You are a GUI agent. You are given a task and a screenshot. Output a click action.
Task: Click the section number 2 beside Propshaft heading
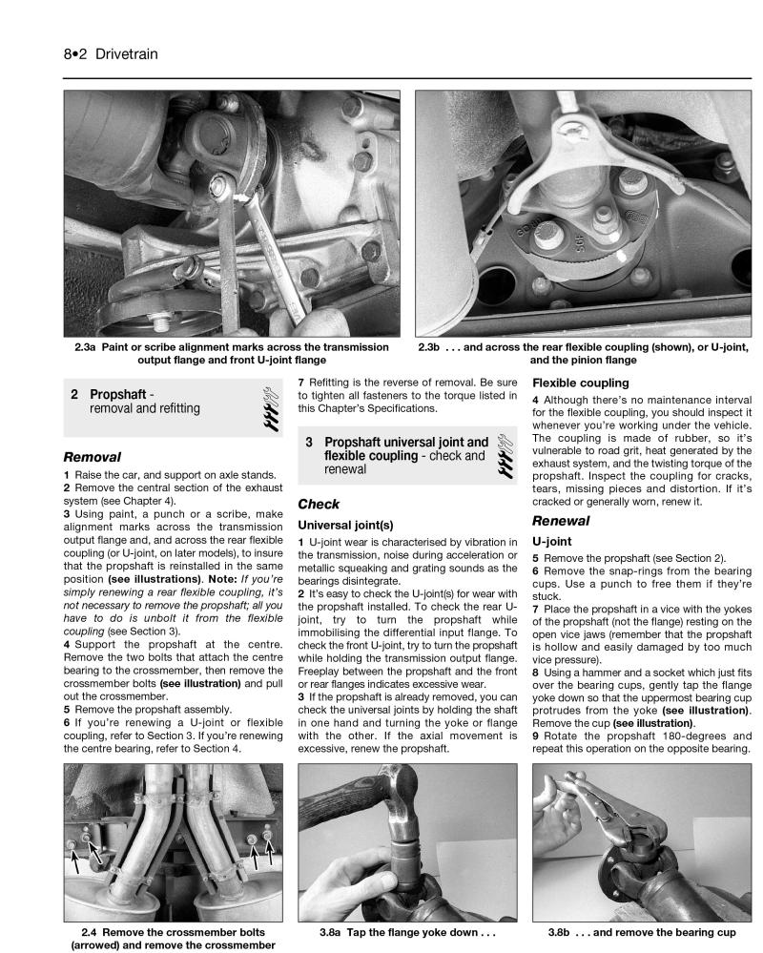[x=73, y=394]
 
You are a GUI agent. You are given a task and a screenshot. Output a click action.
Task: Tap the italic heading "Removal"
[x=92, y=457]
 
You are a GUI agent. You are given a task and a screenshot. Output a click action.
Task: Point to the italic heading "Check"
[x=319, y=504]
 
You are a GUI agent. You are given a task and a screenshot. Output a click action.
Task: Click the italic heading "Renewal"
[x=561, y=521]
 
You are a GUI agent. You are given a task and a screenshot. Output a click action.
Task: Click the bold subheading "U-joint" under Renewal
[x=553, y=542]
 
